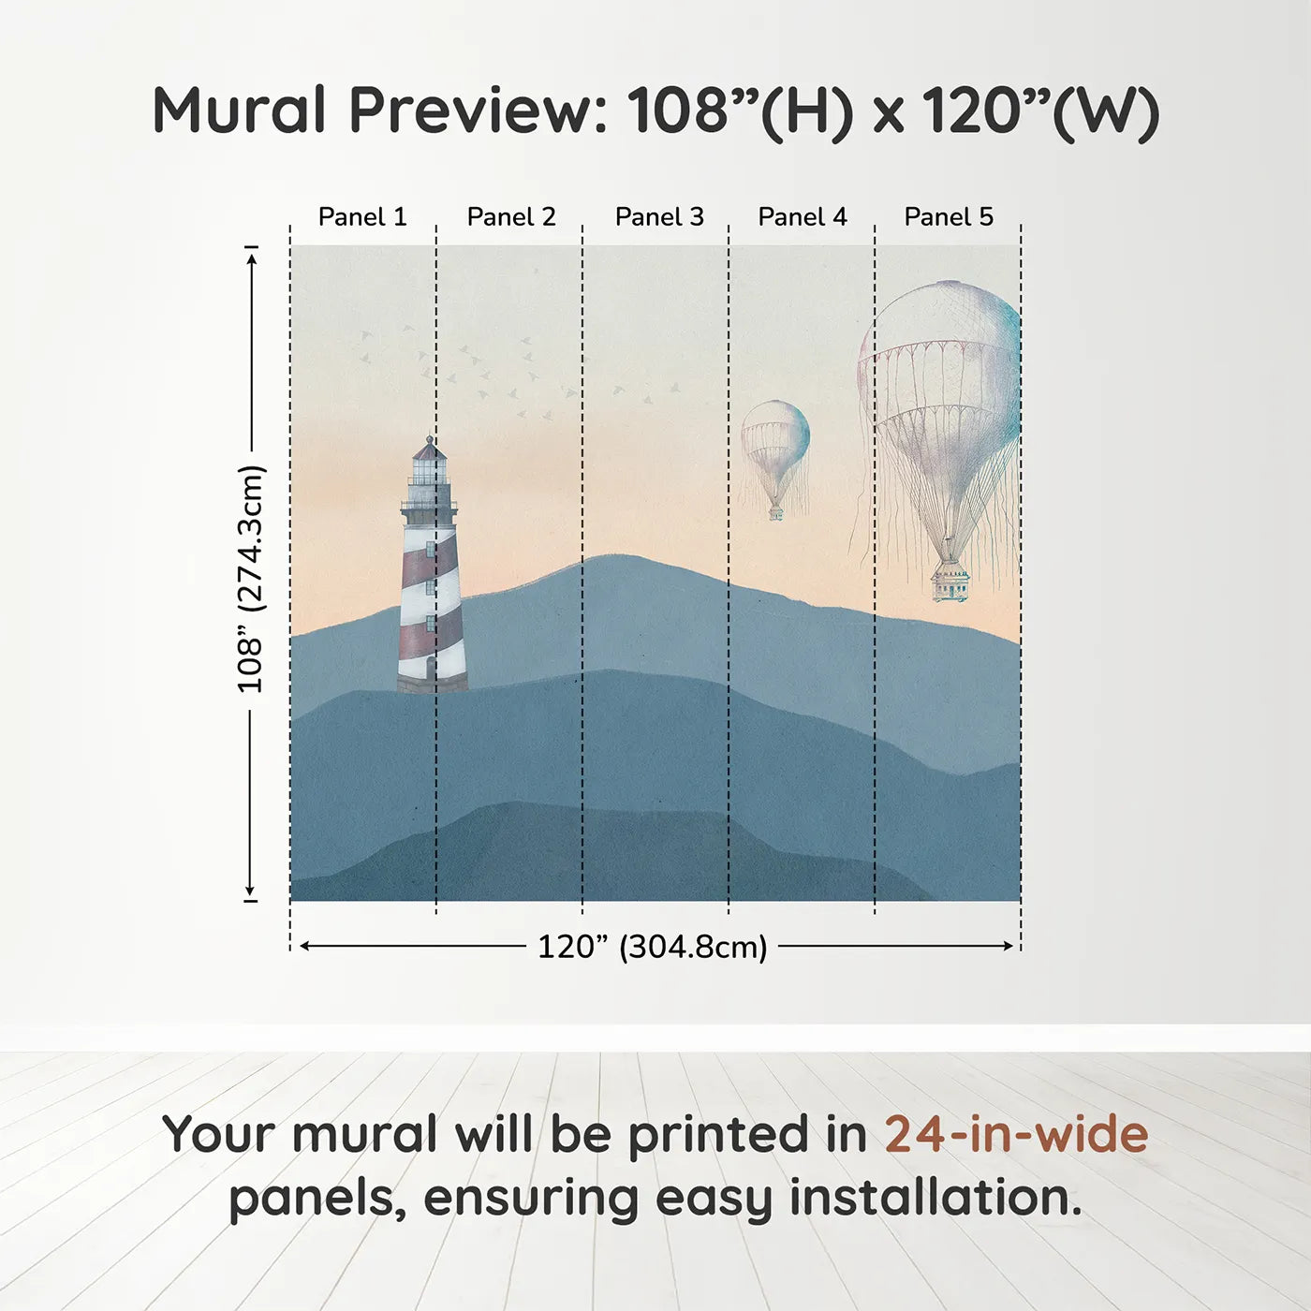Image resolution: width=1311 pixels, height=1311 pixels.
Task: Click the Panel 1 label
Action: pyautogui.click(x=362, y=217)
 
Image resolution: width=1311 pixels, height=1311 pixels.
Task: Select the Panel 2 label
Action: pyautogui.click(x=511, y=217)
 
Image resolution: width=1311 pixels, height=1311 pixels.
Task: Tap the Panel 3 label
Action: pyautogui.click(x=659, y=217)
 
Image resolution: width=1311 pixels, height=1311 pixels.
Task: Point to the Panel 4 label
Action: pyautogui.click(x=803, y=217)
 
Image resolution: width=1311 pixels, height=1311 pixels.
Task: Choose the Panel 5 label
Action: pyautogui.click(x=949, y=217)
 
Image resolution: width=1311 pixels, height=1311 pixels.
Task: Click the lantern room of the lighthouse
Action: pyautogui.click(x=429, y=469)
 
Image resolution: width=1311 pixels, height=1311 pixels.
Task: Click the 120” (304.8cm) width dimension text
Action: pyautogui.click(x=653, y=947)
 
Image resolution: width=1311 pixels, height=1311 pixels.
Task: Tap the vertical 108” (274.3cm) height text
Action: pyautogui.click(x=249, y=580)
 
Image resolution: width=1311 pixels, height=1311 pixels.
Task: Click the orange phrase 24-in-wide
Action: pyautogui.click(x=1016, y=1135)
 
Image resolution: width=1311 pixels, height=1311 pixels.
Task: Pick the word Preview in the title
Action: pyautogui.click(x=478, y=110)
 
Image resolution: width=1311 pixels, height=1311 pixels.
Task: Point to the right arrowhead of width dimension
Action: pyautogui.click(x=1009, y=946)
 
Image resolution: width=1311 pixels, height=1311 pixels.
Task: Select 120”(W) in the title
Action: pyautogui.click(x=1040, y=111)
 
